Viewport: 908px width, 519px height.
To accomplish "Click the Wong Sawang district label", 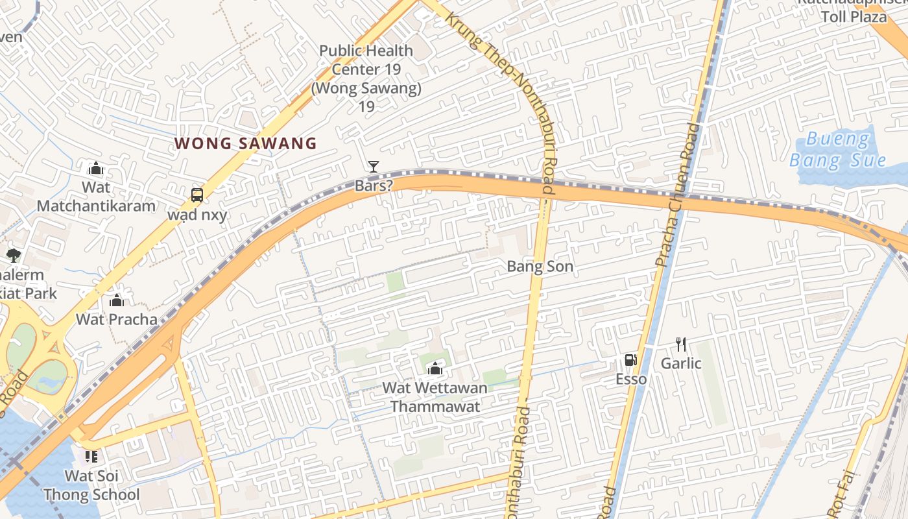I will pos(245,143).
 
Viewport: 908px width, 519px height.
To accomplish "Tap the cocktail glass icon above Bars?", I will pos(373,167).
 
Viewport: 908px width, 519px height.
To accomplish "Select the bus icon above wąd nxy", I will pos(197,195).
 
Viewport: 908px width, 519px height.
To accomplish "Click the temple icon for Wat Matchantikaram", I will pos(96,169).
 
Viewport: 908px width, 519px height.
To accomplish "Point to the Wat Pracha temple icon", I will pos(117,300).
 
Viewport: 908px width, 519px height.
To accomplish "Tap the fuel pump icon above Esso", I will pos(630,360).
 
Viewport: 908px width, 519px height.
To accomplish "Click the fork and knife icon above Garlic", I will pos(681,344).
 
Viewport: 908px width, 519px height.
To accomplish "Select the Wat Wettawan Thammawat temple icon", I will pos(435,369).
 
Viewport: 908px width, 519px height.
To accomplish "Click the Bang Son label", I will pos(540,266).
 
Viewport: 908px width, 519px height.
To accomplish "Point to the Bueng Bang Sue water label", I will pos(837,149).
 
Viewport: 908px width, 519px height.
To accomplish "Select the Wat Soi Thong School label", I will pos(91,485).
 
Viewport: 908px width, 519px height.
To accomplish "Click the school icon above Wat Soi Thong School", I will pos(91,456).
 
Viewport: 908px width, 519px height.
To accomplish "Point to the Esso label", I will pos(631,379).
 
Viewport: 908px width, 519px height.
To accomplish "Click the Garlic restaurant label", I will pos(681,363).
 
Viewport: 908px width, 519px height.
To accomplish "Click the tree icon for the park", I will pos(13,255).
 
